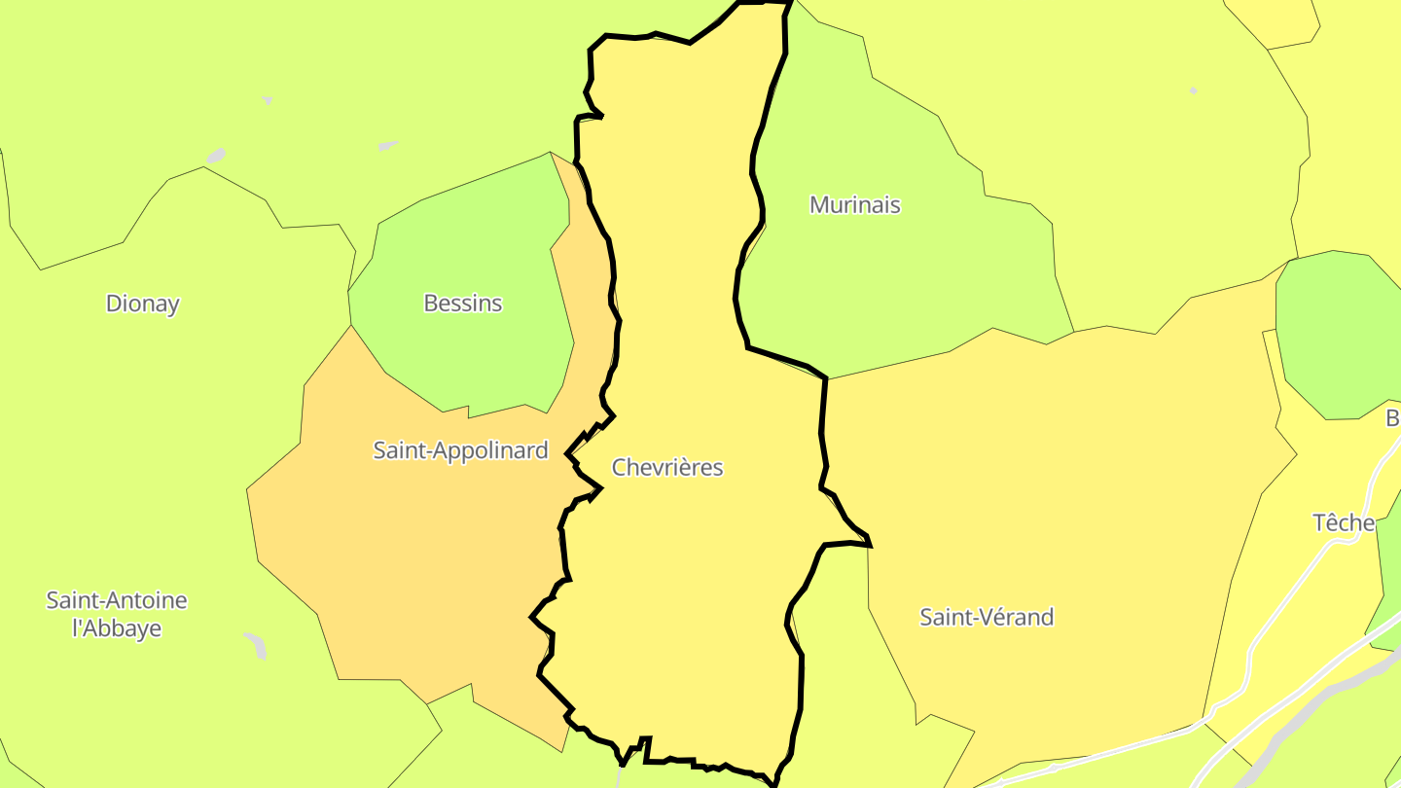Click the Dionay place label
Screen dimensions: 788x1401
143,304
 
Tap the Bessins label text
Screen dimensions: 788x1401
463,304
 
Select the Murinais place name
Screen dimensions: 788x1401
855,205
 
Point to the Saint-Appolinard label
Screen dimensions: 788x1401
461,450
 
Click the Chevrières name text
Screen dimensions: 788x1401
667,468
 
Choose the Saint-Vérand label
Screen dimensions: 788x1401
987,617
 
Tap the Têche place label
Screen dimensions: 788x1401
1344,523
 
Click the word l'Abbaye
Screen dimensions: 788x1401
117,628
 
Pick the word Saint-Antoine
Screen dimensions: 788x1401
117,600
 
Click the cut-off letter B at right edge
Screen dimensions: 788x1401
1392,418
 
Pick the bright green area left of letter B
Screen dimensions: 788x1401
1333,331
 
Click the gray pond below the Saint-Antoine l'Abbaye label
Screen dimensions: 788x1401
256,645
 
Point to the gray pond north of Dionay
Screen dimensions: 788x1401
216,156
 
